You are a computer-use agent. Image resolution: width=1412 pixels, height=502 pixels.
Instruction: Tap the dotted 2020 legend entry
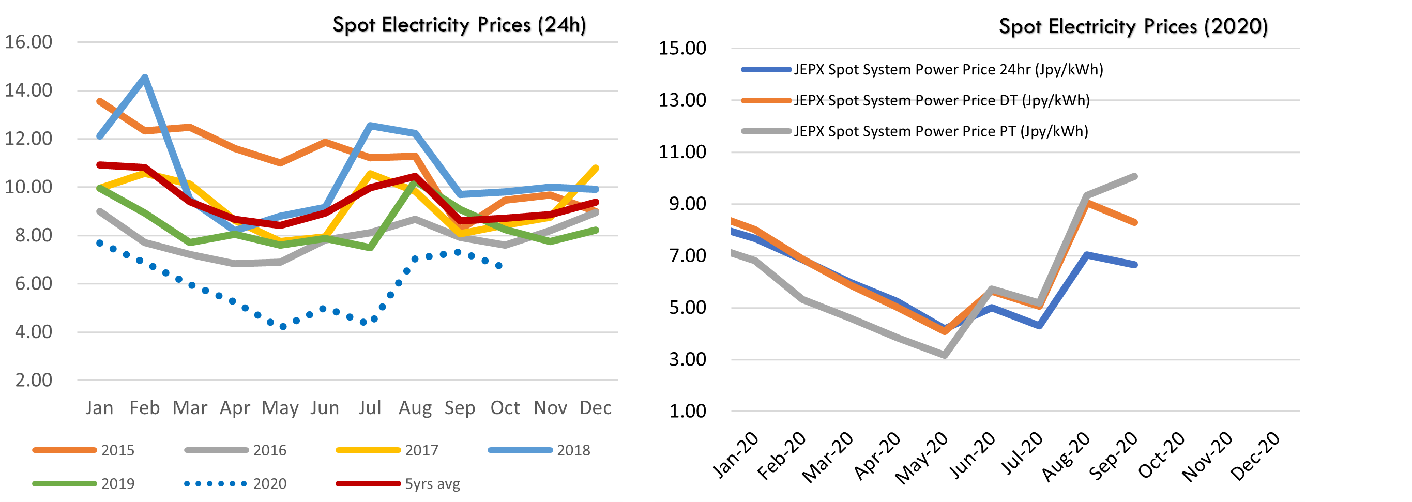pyautogui.click(x=236, y=484)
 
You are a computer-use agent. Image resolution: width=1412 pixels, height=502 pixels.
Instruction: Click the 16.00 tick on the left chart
pyautogui.click(x=28, y=42)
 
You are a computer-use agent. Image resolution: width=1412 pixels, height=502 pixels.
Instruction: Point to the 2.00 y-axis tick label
pyautogui.click(x=34, y=381)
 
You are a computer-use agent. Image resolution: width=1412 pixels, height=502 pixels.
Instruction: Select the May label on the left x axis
pyautogui.click(x=280, y=408)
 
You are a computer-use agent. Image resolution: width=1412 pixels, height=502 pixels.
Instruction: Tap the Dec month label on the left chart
pyautogui.click(x=595, y=408)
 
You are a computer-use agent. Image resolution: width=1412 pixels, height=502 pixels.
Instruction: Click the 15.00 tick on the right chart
pyautogui.click(x=682, y=48)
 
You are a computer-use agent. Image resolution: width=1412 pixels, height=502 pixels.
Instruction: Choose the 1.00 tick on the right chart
pyautogui.click(x=687, y=412)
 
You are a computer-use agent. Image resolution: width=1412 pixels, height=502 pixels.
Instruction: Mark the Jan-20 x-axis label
pyautogui.click(x=736, y=455)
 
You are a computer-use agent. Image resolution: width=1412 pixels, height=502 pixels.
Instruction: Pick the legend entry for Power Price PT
pyautogui.click(x=914, y=131)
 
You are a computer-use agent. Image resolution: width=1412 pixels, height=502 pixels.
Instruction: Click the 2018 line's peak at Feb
pyautogui.click(x=145, y=77)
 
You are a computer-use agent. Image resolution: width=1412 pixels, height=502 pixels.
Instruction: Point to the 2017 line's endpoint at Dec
pyautogui.click(x=596, y=168)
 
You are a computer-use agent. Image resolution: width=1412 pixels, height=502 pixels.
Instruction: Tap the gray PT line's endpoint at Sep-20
pyautogui.click(x=1135, y=176)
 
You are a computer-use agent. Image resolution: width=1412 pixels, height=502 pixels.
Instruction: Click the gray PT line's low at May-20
pyautogui.click(x=945, y=355)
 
